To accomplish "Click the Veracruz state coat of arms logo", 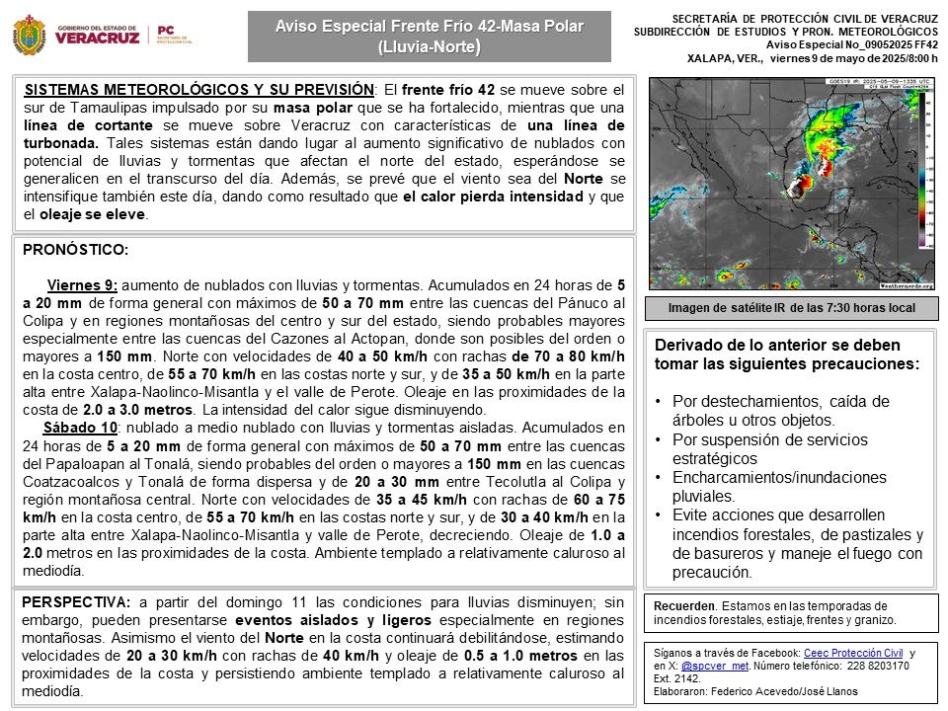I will (31, 36).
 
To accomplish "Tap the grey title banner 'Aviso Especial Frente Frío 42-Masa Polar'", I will (429, 36).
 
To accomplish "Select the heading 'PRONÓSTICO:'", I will (75, 250).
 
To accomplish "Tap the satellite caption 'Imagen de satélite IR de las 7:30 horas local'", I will (790, 309).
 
